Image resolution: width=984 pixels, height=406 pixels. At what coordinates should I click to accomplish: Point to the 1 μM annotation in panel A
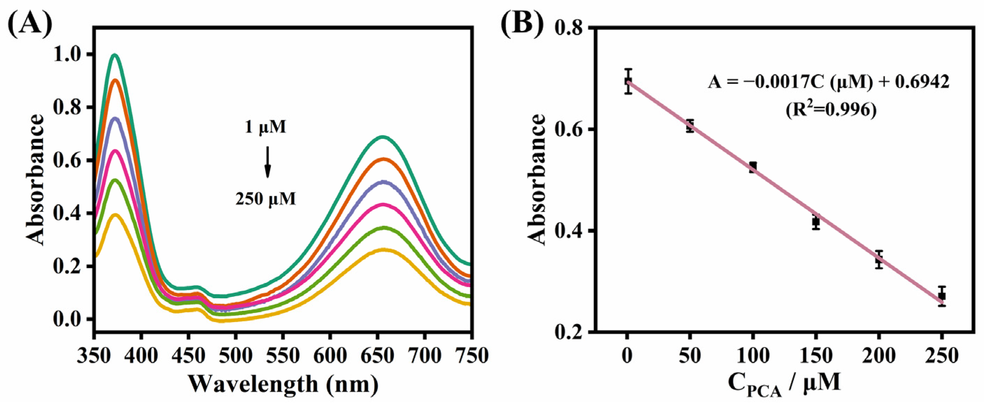266,127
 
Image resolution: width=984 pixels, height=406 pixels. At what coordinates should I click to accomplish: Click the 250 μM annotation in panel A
266,199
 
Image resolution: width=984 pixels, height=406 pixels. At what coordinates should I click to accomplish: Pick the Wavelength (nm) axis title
283,384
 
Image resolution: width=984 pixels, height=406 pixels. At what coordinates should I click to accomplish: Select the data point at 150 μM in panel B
816,221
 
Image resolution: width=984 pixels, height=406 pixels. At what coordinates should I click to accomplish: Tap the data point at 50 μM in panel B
690,126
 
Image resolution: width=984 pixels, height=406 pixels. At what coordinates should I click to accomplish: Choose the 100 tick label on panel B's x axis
753,356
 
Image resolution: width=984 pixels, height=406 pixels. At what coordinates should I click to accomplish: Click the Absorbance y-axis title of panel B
537,179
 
